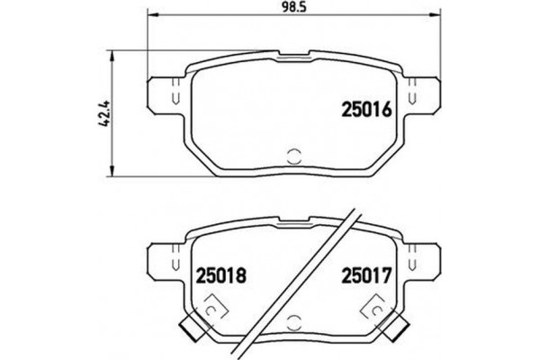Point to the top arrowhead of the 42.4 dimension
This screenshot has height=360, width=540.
pos(111,55)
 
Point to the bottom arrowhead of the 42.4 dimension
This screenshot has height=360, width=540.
pos(111,174)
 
